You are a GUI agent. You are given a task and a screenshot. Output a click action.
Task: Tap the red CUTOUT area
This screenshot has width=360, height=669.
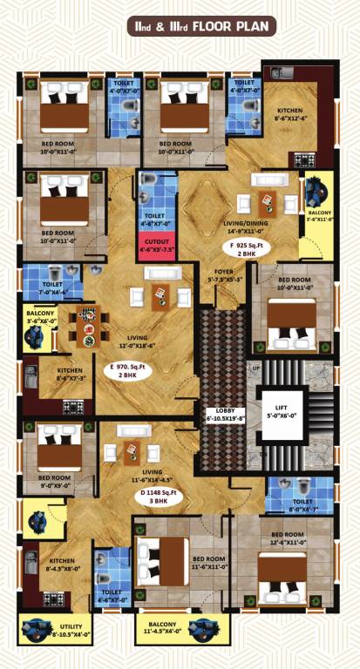coord(157,245)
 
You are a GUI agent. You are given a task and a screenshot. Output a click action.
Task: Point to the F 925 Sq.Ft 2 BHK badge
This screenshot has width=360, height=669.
coord(246,251)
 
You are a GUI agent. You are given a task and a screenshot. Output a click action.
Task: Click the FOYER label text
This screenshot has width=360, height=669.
coord(226,277)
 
